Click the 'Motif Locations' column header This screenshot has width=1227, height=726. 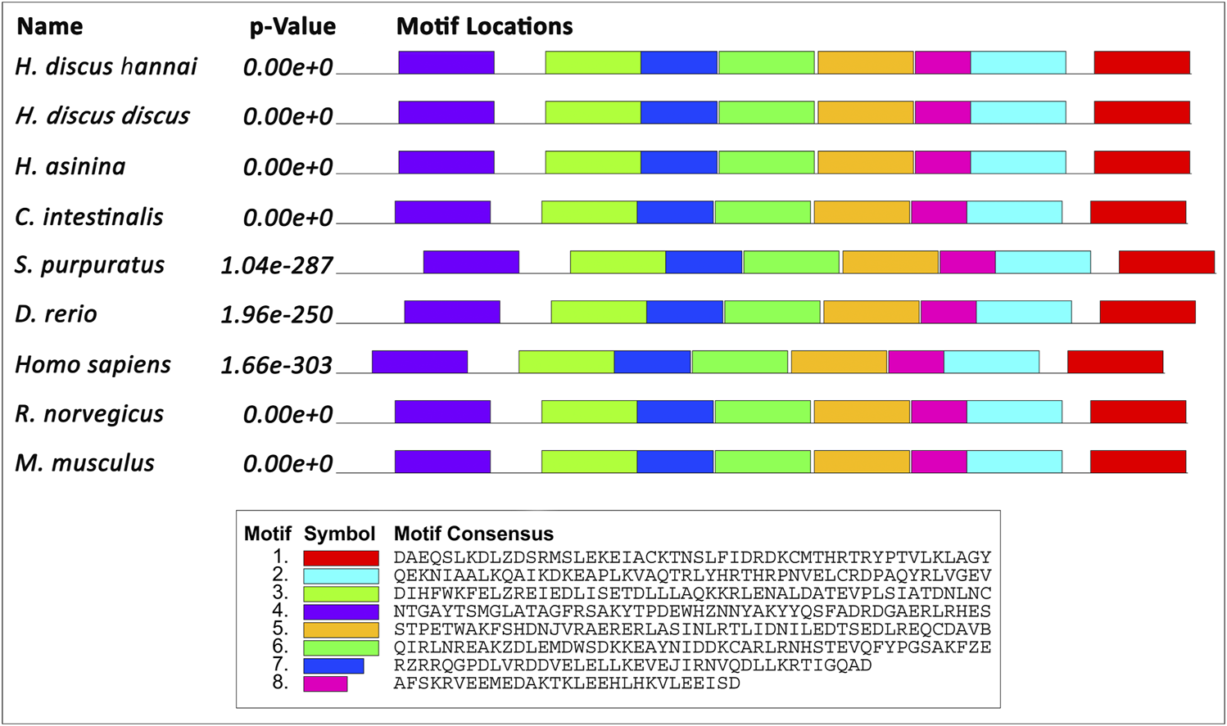(484, 27)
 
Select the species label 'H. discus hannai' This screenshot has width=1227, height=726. (106, 66)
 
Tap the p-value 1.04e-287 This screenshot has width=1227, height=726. (277, 265)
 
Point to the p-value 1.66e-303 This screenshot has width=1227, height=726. (277, 364)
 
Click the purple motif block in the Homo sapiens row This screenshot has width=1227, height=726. (419, 362)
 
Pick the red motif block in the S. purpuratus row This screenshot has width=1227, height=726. (1166, 262)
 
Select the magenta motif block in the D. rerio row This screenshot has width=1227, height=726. (948, 312)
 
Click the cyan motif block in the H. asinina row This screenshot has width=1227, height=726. (1018, 162)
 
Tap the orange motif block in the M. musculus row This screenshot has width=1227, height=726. (861, 462)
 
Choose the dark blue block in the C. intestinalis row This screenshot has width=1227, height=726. (675, 212)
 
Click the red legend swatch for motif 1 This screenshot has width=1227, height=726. (341, 558)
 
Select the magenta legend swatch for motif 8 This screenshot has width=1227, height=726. (325, 683)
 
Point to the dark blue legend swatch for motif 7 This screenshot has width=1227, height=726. (333, 665)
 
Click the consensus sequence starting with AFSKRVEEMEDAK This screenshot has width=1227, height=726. (567, 683)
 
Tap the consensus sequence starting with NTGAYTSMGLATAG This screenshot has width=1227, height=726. (692, 611)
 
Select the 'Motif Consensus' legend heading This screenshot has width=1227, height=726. (473, 534)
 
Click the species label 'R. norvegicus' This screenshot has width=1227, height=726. (89, 414)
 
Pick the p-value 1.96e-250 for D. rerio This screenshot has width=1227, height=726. (277, 314)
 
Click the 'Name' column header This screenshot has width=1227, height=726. (50, 27)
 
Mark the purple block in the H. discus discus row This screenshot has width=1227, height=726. (446, 112)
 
